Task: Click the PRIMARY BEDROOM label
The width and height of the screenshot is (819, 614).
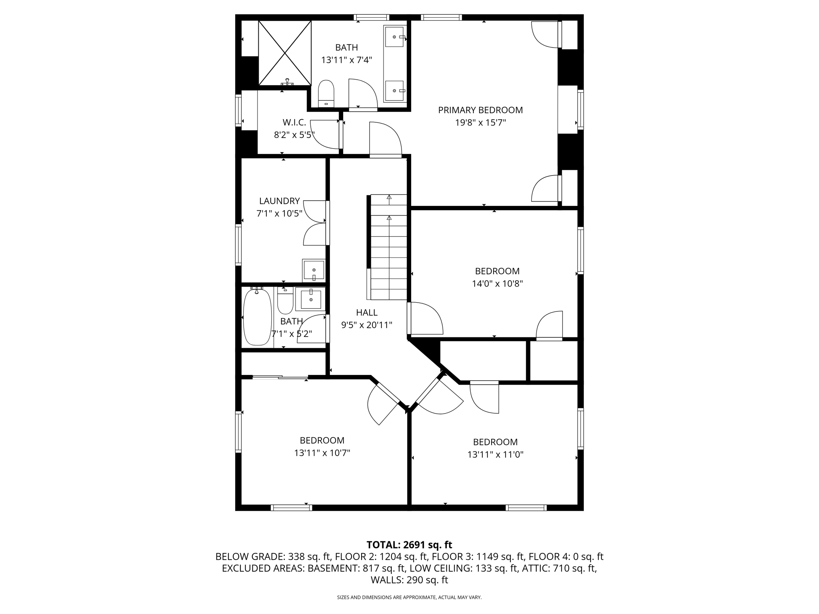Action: tap(480, 110)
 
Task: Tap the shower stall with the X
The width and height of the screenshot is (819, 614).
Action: tap(285, 53)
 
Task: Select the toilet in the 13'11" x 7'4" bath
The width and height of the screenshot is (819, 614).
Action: tap(326, 93)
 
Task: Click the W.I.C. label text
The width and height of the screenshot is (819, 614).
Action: tap(294, 122)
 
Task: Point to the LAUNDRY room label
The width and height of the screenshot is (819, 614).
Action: tap(279, 201)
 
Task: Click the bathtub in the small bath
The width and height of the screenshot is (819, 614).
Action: tap(257, 317)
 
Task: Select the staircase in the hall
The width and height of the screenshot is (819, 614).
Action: tap(389, 247)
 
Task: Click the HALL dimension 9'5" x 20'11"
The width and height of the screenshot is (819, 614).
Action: tap(366, 325)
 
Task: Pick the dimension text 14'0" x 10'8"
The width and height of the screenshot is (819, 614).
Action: tap(497, 283)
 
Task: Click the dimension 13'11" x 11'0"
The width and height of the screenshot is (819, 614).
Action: tap(495, 455)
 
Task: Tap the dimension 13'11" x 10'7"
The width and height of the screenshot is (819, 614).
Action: tap(322, 453)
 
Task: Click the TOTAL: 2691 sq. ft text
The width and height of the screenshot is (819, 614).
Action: tap(409, 545)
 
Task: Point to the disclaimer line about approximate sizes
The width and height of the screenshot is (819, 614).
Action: tap(409, 598)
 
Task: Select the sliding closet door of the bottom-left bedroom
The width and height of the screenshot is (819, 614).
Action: tap(280, 377)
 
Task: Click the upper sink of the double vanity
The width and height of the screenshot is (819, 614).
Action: tap(394, 37)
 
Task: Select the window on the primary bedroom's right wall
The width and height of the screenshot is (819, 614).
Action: tap(580, 109)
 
